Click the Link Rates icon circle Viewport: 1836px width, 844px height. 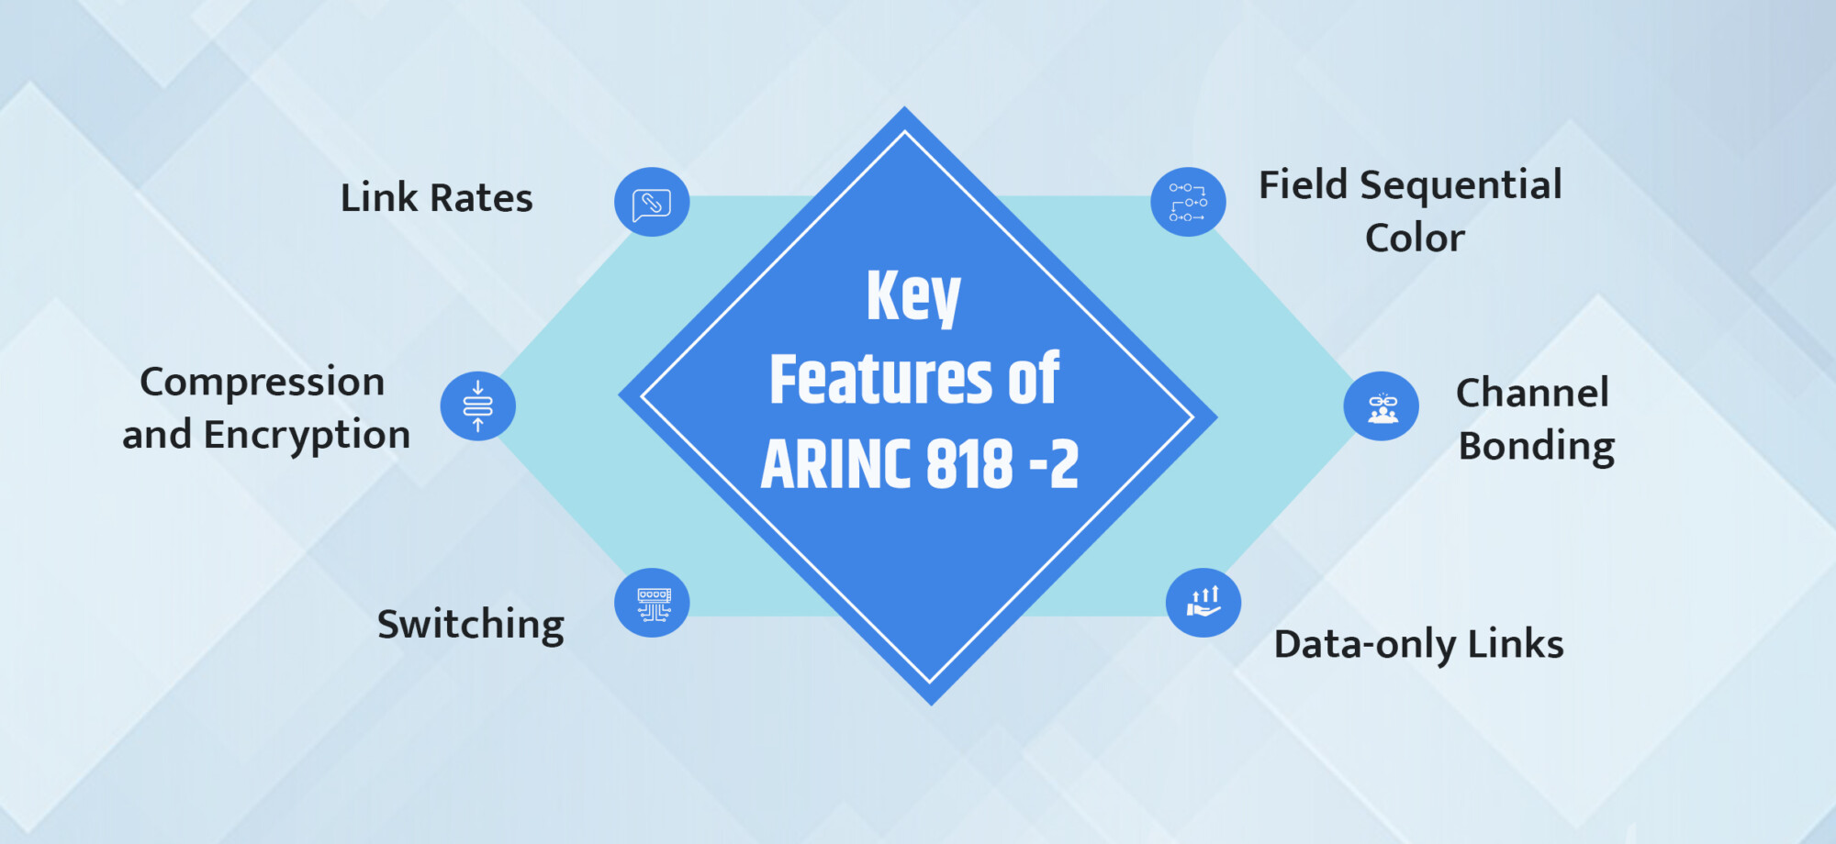[652, 202]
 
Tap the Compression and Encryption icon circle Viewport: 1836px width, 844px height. [477, 405]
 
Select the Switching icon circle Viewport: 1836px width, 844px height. [652, 603]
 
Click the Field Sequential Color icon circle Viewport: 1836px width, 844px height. [1188, 202]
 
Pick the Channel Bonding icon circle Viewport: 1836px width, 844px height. [1381, 405]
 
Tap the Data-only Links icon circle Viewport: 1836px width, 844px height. [1203, 603]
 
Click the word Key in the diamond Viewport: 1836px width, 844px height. [913, 296]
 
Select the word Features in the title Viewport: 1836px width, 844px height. [880, 379]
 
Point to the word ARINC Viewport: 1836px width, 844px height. [835, 464]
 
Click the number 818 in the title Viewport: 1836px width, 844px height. [969, 464]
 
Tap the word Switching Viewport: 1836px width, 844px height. [471, 625]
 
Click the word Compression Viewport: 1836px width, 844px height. [262, 383]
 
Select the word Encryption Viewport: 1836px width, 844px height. [307, 435]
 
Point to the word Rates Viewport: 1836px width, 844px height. [481, 198]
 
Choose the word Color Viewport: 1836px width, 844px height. [1415, 239]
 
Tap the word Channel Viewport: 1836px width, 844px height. [1532, 394]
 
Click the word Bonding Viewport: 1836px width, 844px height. [1537, 447]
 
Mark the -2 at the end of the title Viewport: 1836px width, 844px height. [1054, 464]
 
